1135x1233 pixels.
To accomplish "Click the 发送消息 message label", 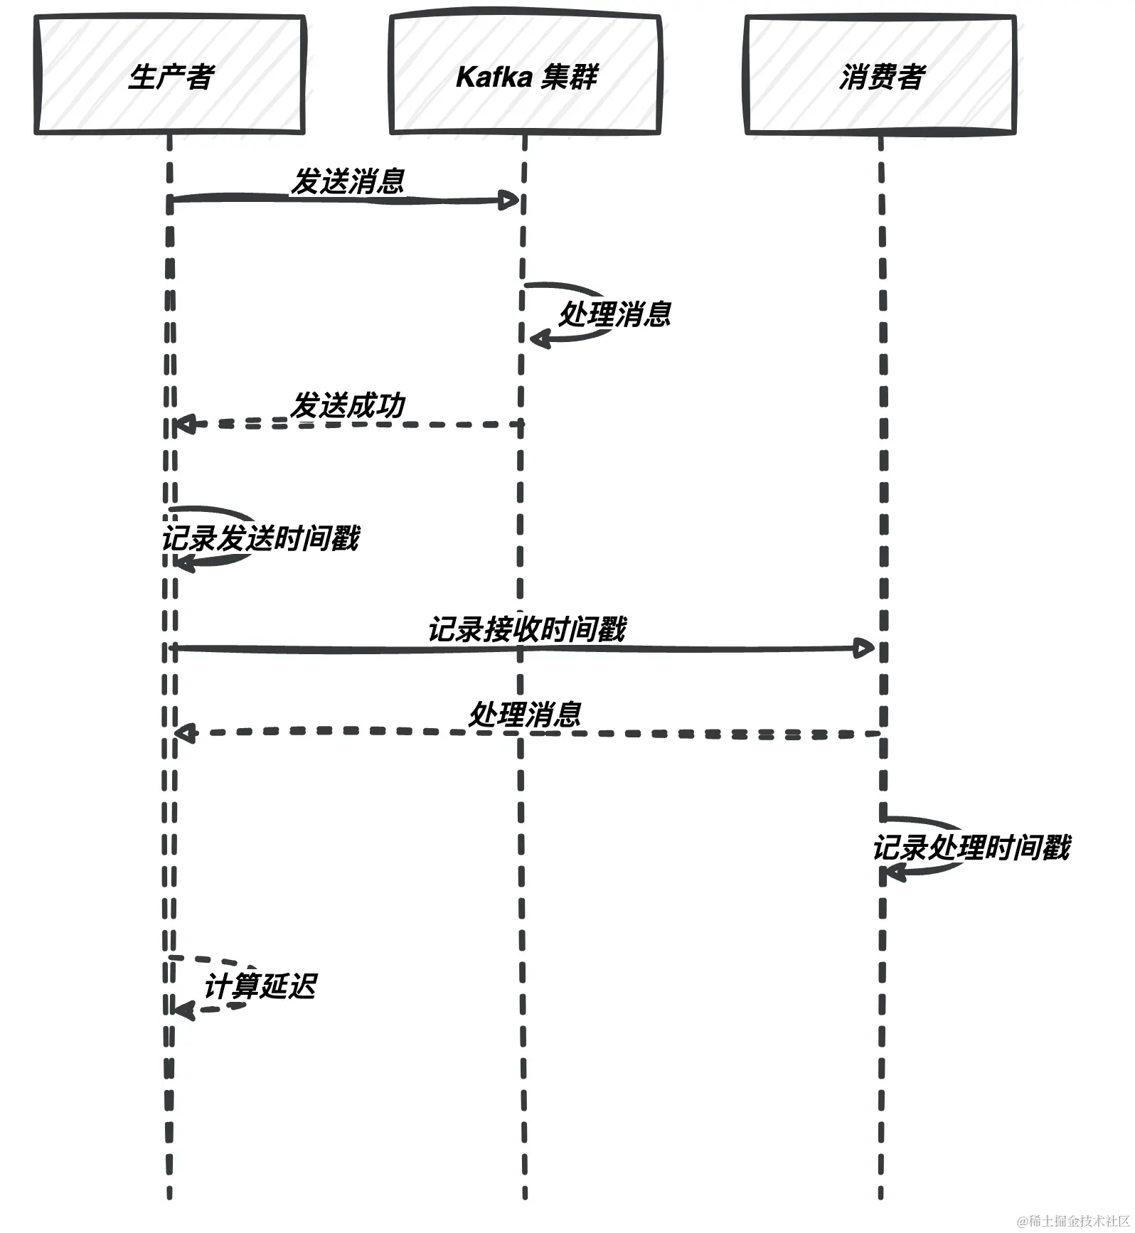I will coord(348,181).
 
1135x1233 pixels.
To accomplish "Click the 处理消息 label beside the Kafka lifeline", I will coord(615,314).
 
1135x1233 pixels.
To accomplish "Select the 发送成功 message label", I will coord(348,405).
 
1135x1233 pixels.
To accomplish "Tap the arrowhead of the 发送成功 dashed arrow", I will coord(183,425).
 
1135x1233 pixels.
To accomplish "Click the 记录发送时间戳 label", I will coord(261,538).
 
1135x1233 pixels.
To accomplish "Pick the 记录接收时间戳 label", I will coord(526,629).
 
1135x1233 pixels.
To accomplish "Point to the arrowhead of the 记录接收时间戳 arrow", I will coord(865,648).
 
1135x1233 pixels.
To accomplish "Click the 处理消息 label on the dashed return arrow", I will coord(526,715).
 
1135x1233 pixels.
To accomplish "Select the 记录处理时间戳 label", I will coord(971,848).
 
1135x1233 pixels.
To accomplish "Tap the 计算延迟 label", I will coord(260,986).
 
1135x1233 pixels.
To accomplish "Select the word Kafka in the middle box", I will coord(489,77).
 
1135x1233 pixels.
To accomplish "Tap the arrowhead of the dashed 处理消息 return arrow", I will coord(184,732).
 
